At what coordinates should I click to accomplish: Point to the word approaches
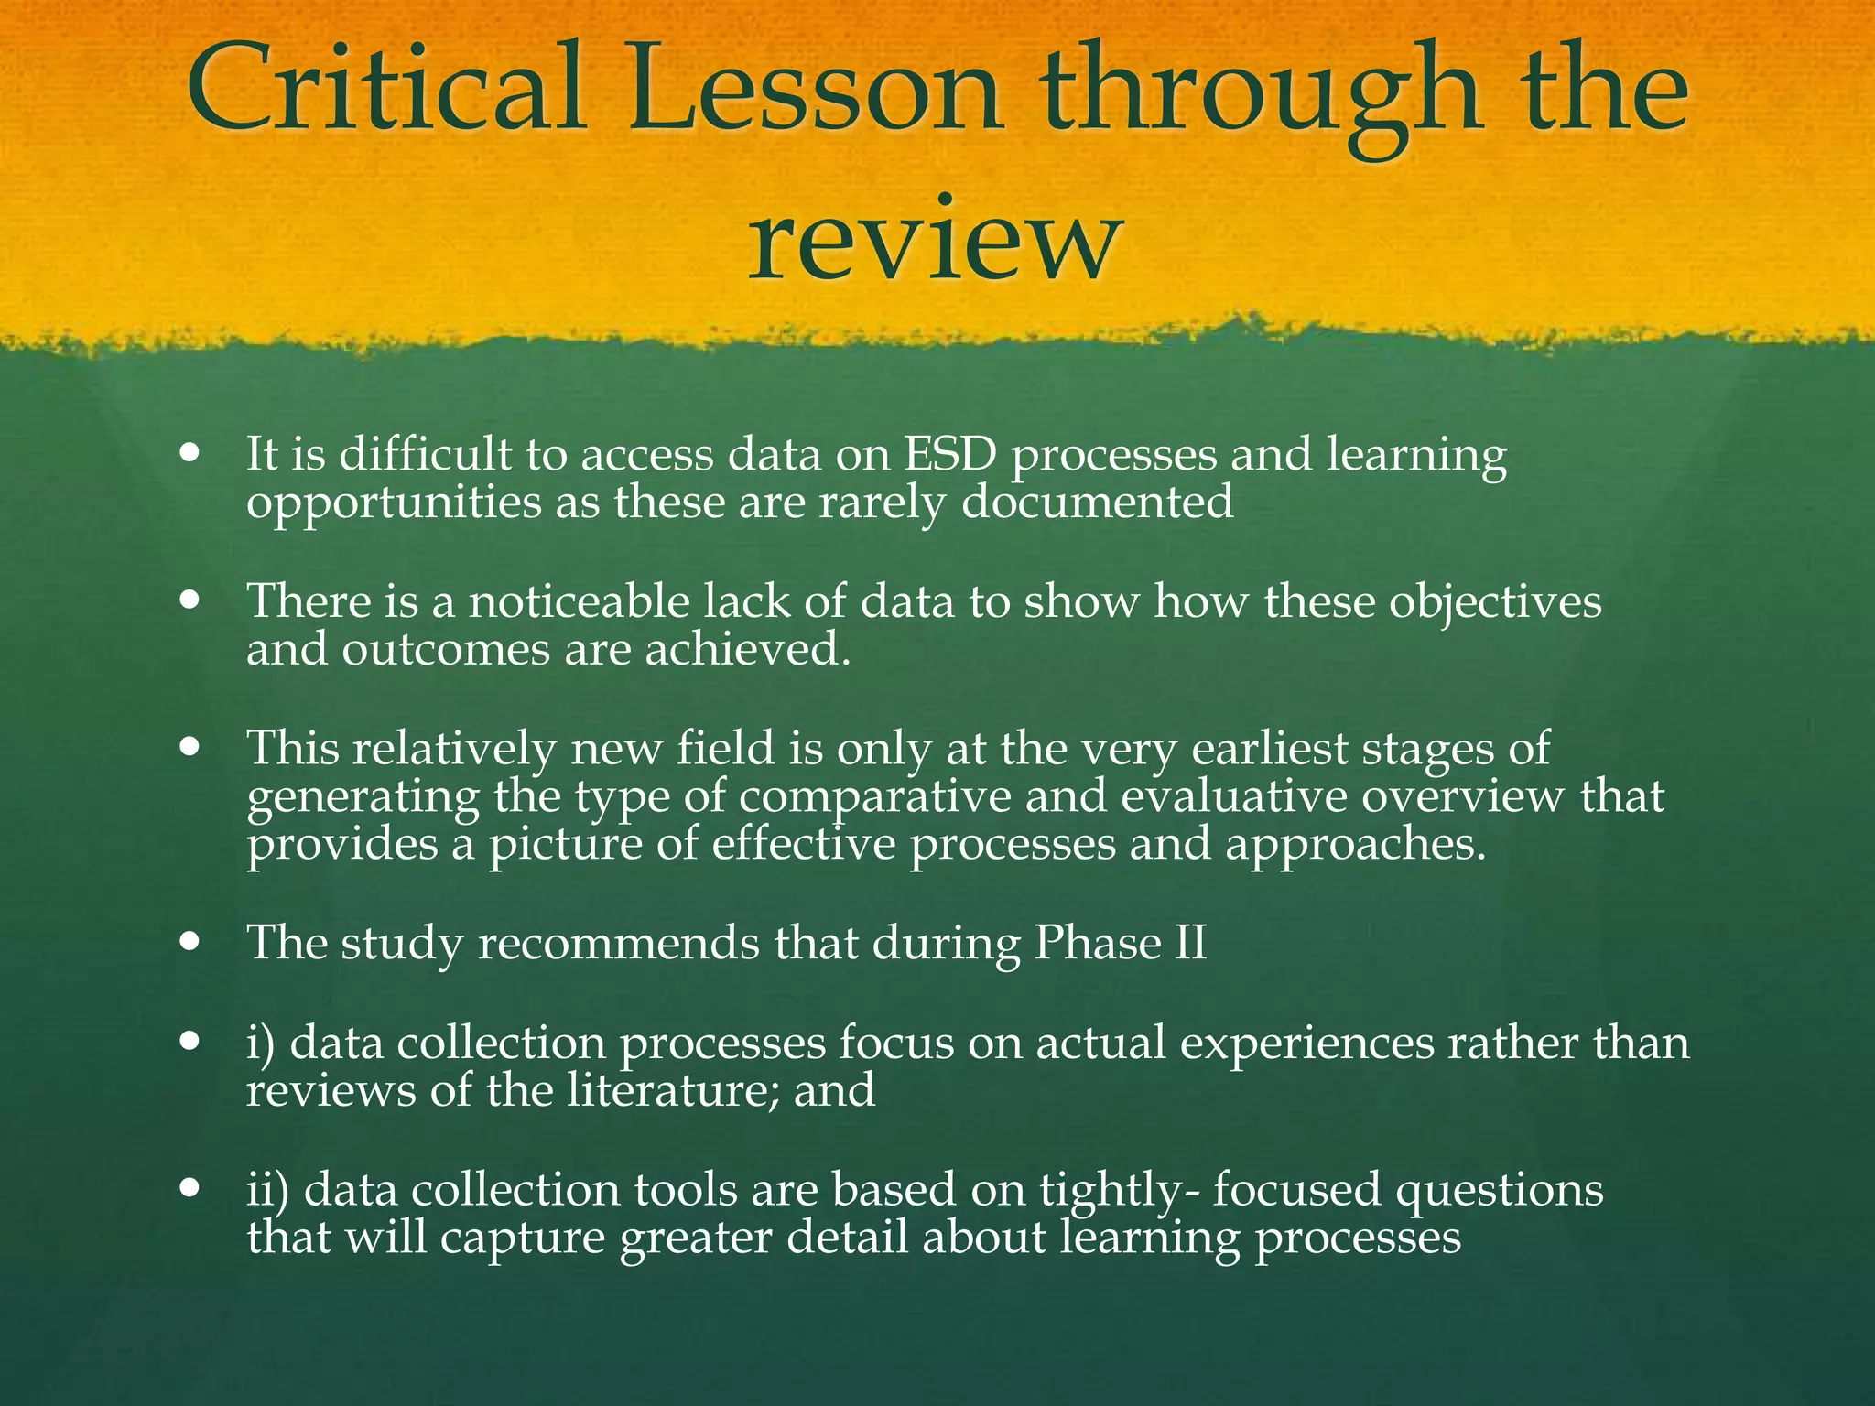pos(1354,844)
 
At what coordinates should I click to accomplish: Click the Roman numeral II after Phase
pos(1187,942)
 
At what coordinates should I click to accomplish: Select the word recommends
pos(619,942)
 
